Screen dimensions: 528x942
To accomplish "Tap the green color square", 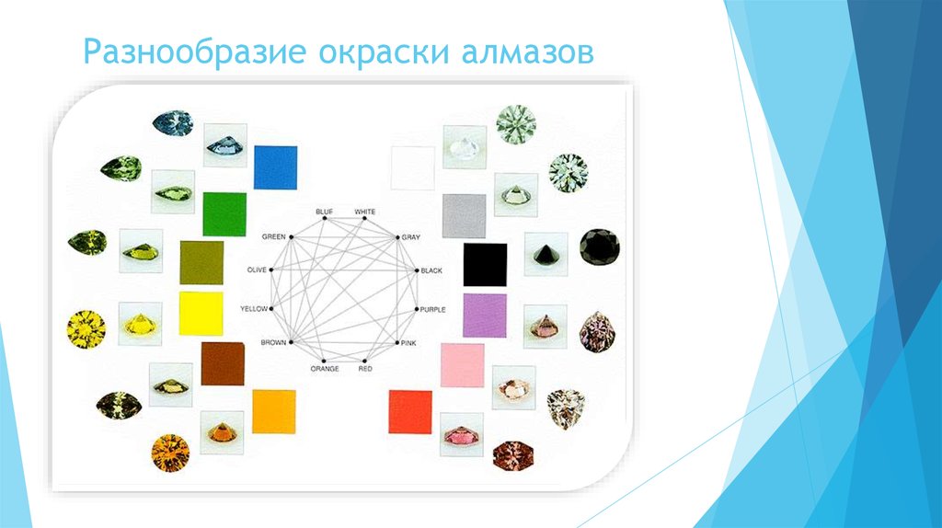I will click(x=224, y=214).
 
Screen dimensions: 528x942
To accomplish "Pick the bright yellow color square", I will click(x=201, y=313).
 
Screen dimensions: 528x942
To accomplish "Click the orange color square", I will click(x=273, y=411).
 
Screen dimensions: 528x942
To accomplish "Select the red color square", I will click(x=410, y=411).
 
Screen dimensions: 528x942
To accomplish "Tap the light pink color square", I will click(x=462, y=364).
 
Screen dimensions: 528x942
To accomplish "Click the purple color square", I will click(x=485, y=315).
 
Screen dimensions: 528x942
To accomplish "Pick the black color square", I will click(x=485, y=265).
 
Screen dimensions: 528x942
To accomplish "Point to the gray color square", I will click(x=464, y=216).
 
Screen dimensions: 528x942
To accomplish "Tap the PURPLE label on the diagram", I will click(x=432, y=309).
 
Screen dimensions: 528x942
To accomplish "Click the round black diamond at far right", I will click(x=599, y=247).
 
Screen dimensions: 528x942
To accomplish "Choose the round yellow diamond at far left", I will click(x=86, y=328).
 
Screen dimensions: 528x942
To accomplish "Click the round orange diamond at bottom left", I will click(x=170, y=453).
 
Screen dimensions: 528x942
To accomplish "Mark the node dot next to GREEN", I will click(x=291, y=237).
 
